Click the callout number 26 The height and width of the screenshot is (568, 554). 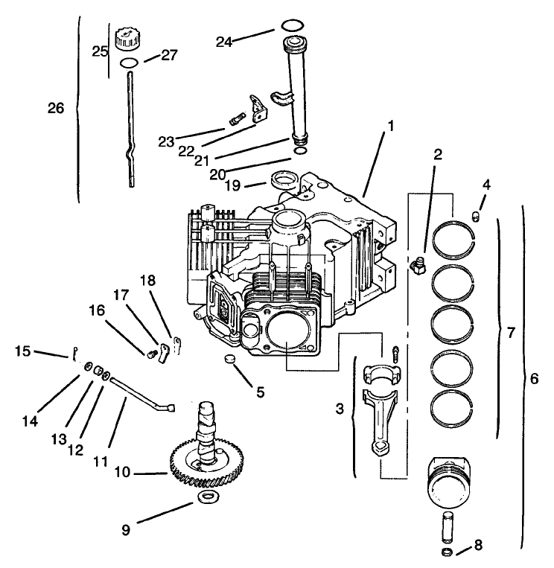coord(56,108)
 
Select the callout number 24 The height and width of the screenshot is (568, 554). coord(224,42)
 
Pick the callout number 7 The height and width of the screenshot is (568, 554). coord(510,333)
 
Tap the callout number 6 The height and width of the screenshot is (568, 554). coord(532,378)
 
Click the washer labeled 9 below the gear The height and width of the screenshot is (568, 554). coord(207,496)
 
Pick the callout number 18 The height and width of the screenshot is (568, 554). coord(149,280)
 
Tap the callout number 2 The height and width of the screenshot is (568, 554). coord(438,155)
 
